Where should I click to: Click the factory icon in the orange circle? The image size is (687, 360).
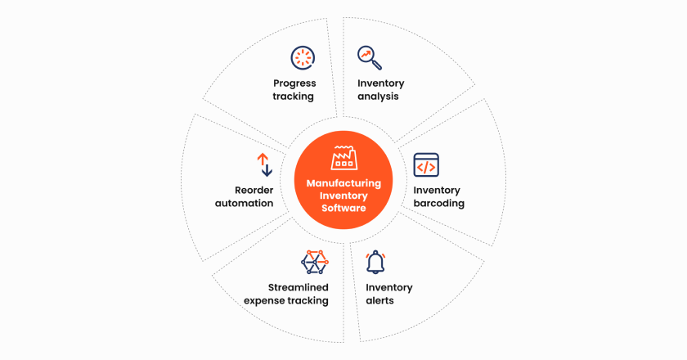coord(344,158)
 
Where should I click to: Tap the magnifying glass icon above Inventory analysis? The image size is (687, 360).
coord(370,57)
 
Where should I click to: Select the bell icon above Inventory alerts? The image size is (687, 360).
coord(375,262)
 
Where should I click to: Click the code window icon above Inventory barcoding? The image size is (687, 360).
coord(426,165)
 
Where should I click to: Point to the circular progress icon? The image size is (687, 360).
coord(303,57)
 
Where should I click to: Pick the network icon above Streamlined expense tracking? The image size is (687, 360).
coord(315,262)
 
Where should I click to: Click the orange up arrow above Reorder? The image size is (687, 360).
coord(263,160)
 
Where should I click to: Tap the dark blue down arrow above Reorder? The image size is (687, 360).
coord(267,170)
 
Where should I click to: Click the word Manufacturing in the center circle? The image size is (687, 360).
coord(343,183)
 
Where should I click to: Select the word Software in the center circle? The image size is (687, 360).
coord(343,208)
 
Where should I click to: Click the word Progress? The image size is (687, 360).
coord(294,83)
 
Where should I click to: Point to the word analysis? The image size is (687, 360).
coord(378,97)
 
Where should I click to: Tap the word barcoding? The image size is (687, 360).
coord(438,204)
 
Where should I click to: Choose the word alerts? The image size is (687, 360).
coord(379,300)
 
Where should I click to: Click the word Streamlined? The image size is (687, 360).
coord(299,287)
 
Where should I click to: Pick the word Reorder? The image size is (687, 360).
coord(254,191)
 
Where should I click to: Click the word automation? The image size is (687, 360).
coord(244,204)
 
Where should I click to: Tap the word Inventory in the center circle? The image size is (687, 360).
coord(343,196)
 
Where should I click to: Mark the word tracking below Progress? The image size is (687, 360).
coord(293,97)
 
